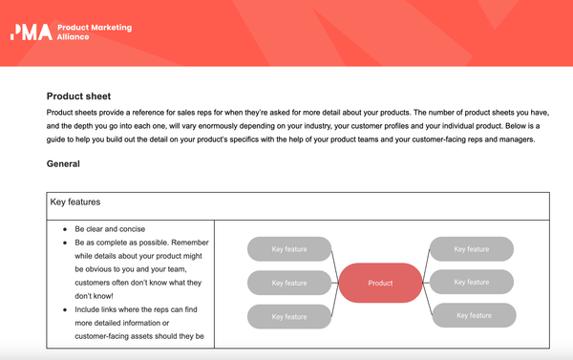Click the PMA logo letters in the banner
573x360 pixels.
click(31, 32)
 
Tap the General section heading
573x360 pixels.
click(63, 164)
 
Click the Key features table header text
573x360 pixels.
click(76, 203)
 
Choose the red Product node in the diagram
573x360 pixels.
click(380, 284)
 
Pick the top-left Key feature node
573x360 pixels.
click(289, 250)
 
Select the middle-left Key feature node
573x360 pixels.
click(289, 284)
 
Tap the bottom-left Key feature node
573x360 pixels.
click(289, 316)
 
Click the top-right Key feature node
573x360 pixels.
click(472, 249)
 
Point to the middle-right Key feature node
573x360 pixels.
click(472, 282)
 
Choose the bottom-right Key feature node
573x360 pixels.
click(475, 315)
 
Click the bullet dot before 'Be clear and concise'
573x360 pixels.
click(64, 231)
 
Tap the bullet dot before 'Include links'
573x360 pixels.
click(64, 310)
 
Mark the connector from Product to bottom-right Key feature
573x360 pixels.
click(427, 303)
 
